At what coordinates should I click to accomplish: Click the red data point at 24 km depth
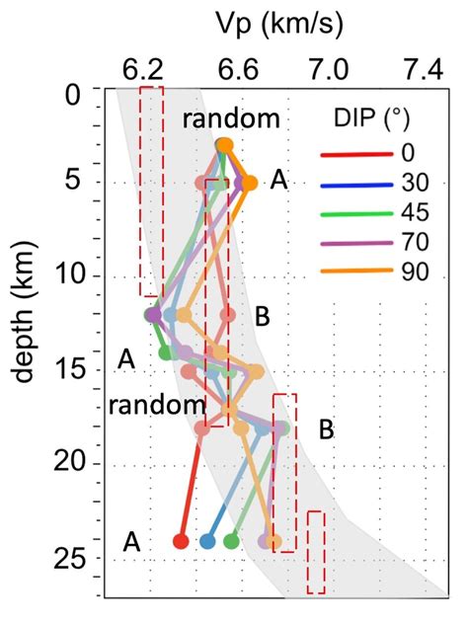[181, 541]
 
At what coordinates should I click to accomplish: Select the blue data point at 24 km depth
[207, 541]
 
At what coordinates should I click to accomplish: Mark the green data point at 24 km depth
[232, 541]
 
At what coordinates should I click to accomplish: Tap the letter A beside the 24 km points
[131, 541]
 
